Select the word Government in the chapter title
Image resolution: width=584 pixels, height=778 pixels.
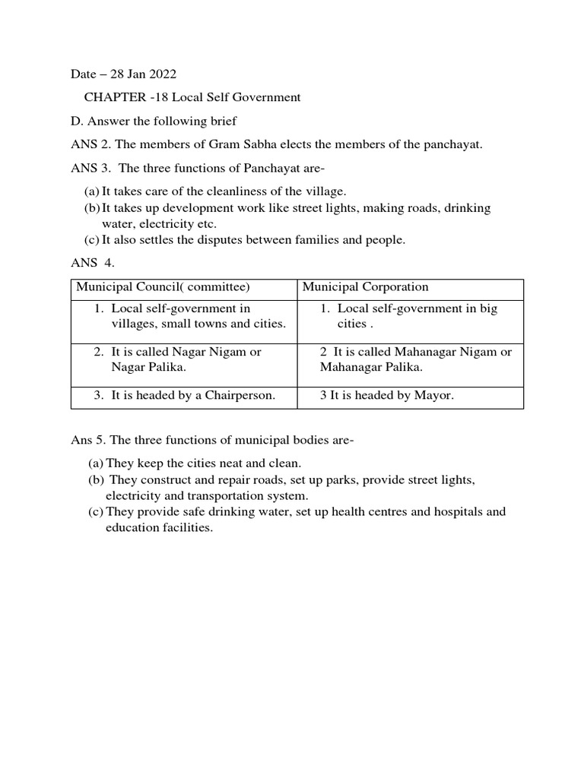[x=268, y=97]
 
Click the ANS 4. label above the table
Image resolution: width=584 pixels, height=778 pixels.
[x=90, y=264]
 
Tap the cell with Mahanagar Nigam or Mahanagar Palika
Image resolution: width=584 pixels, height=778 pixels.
[x=411, y=360]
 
